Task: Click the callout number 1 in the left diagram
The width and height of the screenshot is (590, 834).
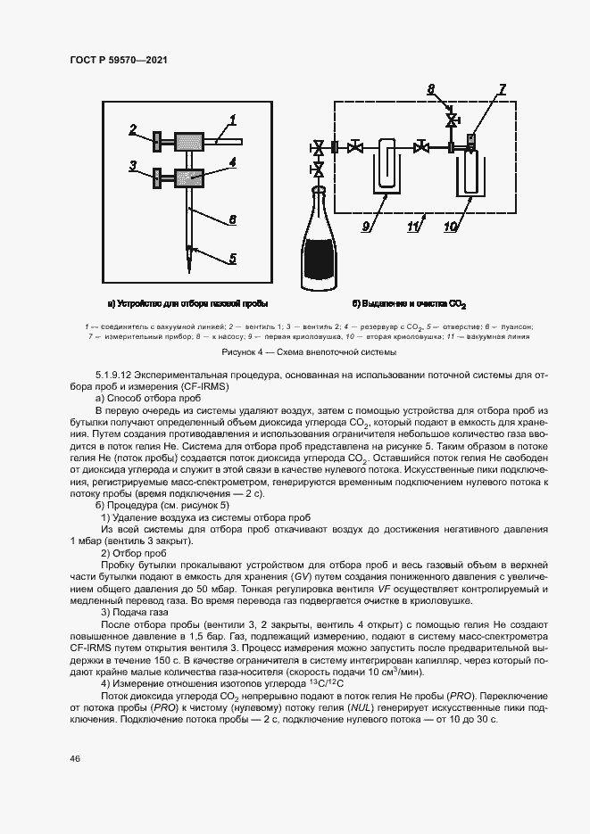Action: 232,119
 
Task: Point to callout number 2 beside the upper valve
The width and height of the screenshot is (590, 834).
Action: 132,129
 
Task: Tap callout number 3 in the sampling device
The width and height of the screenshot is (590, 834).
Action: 132,165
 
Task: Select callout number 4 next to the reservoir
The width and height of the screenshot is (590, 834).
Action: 231,162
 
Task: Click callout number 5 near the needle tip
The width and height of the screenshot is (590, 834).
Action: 232,259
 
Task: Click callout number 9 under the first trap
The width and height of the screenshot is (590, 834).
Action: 366,227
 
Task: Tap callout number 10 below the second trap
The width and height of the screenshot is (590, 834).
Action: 453,227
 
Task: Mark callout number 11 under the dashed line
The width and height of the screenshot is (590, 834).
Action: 413,227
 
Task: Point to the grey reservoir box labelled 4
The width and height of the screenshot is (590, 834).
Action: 189,177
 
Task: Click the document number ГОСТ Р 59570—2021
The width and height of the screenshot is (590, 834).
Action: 118,59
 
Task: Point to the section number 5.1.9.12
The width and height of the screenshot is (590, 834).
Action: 120,373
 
